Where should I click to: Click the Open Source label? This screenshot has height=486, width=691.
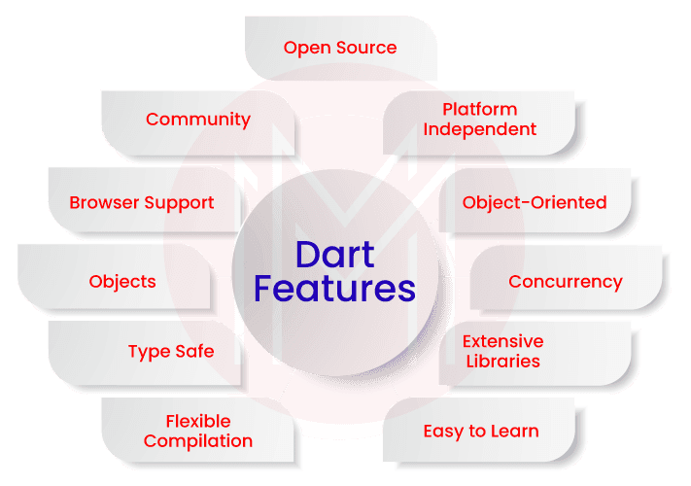[340, 47]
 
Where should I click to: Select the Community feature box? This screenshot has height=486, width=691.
[198, 120]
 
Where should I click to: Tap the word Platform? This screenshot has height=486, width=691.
[479, 109]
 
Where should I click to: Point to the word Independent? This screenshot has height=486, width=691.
[479, 129]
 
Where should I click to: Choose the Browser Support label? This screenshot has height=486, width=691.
[142, 203]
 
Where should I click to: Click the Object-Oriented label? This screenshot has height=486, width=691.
[535, 202]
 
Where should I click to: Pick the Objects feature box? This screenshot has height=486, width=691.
[122, 282]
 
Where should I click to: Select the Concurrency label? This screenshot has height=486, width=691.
[566, 282]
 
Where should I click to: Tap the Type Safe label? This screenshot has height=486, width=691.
[171, 351]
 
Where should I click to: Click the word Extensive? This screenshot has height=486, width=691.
[502, 341]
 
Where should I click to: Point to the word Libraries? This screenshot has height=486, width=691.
[502, 362]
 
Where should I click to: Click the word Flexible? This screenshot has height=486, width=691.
[198, 421]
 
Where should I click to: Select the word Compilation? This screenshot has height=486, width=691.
[198, 441]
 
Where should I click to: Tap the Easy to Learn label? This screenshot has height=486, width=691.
[481, 431]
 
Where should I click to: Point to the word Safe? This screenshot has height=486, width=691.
[194, 351]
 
